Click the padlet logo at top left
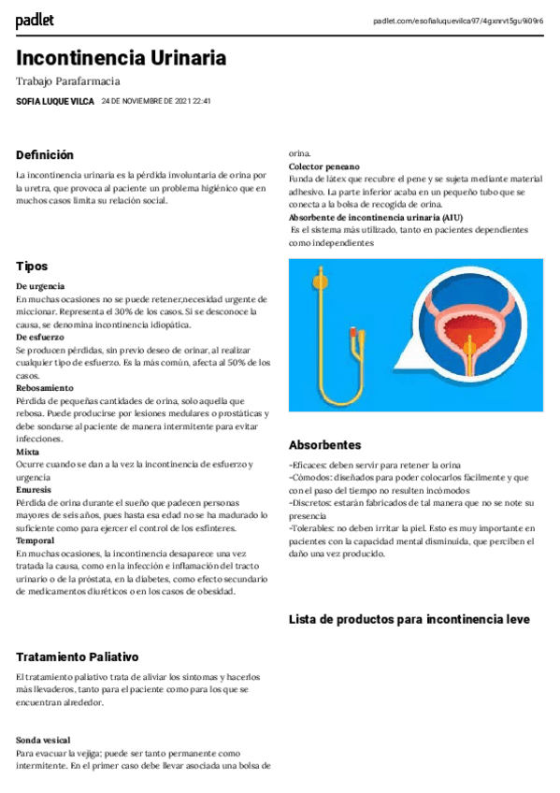35,20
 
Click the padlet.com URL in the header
457,21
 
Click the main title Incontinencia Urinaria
121,58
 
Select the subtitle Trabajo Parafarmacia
68,82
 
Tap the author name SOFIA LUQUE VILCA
55,101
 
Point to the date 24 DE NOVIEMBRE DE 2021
155,101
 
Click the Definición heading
44,155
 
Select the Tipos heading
32,267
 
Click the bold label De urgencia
40,285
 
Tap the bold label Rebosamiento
44,387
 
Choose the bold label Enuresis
34,489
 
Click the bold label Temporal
35,541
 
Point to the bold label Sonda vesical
42,740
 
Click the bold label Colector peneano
323,166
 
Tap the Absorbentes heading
324,445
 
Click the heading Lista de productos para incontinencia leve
409,619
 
